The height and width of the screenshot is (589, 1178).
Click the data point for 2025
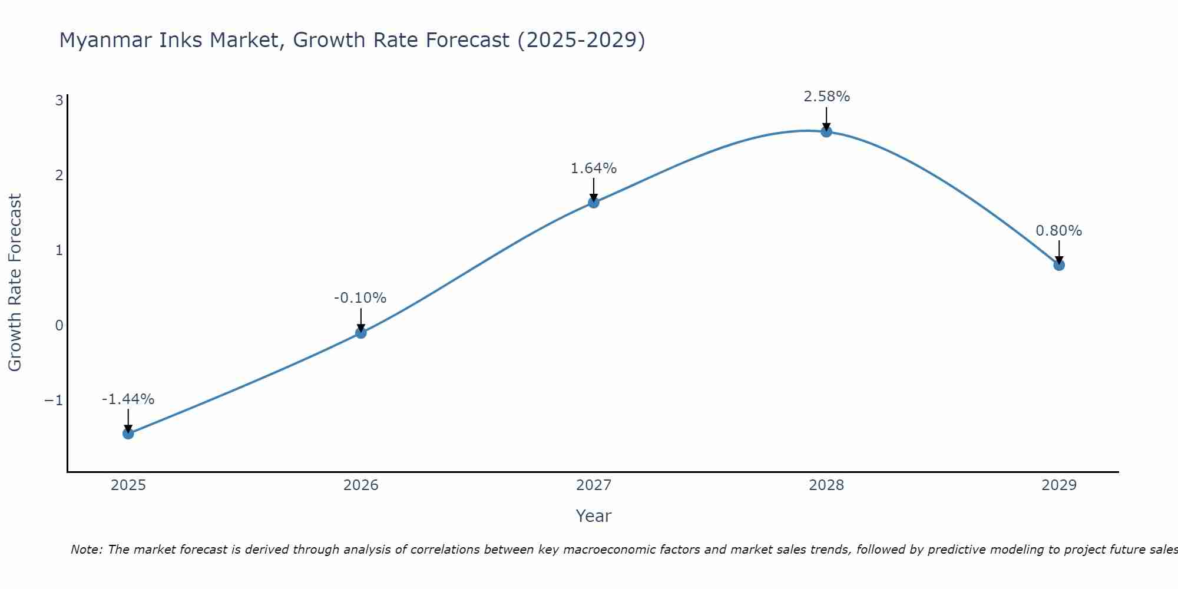coord(128,434)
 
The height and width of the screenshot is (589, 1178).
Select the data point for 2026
coord(361,333)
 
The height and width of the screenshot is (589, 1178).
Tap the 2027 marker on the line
coord(594,203)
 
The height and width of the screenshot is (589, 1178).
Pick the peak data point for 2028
coord(826,132)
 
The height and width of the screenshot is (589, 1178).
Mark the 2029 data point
coord(1059,265)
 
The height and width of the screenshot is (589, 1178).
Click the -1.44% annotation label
coord(128,399)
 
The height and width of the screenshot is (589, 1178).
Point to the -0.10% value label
coord(360,298)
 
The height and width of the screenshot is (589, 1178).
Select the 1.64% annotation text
coord(593,168)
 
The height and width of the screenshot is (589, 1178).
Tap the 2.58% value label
coord(826,97)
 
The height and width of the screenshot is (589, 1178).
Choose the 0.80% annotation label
coord(1058,231)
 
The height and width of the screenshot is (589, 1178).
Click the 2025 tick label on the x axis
coord(128,485)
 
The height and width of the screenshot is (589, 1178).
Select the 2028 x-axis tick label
coord(826,485)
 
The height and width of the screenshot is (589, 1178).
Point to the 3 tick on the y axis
coord(59,100)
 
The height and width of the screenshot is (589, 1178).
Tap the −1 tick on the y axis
coord(54,401)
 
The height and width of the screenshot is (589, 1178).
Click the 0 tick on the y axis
coord(59,326)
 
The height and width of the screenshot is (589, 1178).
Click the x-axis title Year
coord(593,516)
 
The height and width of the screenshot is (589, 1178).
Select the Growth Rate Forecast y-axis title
coord(15,282)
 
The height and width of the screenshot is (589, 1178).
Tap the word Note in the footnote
coord(86,550)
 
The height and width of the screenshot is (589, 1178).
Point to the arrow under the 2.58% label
coord(826,118)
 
